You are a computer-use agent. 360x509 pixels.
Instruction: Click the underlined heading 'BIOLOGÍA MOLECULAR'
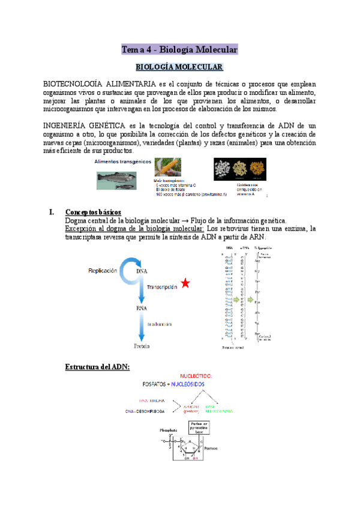click(179, 67)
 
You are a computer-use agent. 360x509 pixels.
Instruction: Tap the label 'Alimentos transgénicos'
click(122, 162)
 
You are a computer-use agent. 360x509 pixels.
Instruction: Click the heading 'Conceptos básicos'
click(93, 212)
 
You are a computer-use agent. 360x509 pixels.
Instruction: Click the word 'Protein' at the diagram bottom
click(142, 346)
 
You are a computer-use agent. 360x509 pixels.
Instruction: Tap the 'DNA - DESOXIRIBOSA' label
click(146, 411)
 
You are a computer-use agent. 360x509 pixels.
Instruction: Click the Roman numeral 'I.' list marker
click(51, 212)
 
